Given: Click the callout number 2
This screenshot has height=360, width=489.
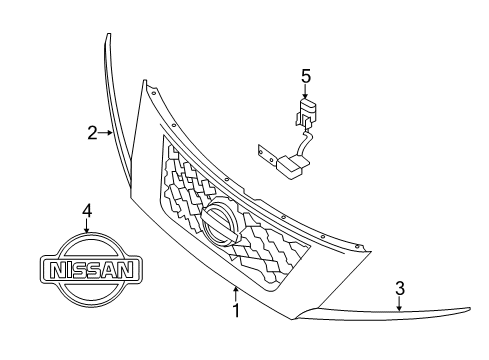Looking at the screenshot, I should (91, 131).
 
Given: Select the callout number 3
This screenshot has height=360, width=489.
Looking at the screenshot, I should (400, 289).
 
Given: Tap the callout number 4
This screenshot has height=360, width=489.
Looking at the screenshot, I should (87, 210).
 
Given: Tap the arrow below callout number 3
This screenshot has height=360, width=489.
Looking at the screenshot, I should (400, 304).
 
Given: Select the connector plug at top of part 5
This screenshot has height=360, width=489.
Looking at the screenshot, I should (308, 111).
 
